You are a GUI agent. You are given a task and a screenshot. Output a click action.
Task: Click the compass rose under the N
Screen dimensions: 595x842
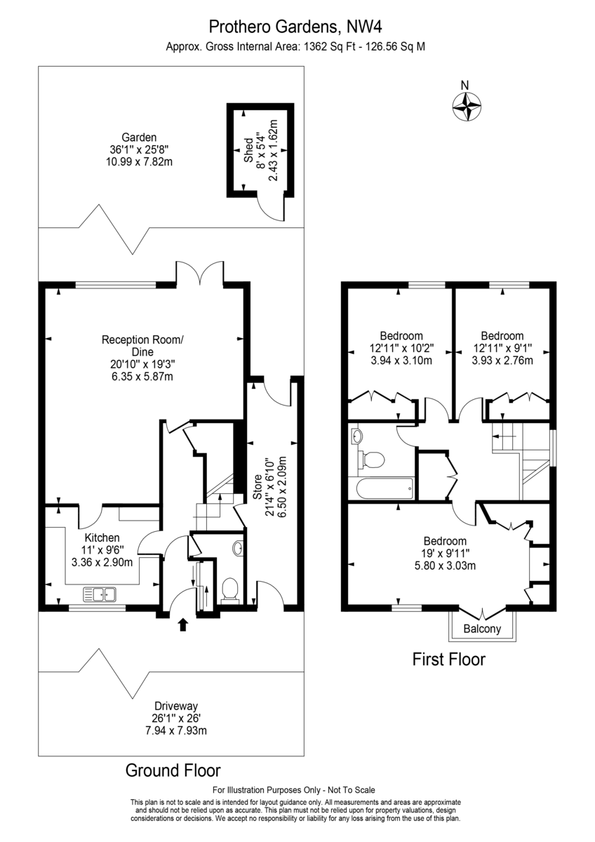click(x=467, y=107)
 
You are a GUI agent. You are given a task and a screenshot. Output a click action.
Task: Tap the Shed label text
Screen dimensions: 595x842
click(x=249, y=151)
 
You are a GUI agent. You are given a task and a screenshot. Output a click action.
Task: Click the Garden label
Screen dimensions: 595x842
click(x=139, y=138)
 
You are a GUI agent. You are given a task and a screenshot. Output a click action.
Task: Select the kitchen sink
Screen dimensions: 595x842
click(x=100, y=594)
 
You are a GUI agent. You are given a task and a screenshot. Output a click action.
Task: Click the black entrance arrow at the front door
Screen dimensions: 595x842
click(x=182, y=625)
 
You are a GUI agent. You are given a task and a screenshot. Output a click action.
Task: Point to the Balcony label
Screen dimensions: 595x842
click(x=482, y=629)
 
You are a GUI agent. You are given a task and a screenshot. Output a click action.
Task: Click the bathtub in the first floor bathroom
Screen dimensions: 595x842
click(x=381, y=488)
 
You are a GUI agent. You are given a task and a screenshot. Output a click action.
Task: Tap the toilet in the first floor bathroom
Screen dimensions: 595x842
click(x=371, y=460)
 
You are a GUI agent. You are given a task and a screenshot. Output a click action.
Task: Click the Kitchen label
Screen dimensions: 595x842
click(x=102, y=537)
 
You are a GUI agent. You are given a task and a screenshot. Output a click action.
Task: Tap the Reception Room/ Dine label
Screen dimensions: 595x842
click(x=142, y=346)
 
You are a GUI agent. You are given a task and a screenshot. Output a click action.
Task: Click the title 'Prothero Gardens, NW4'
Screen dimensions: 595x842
click(x=295, y=27)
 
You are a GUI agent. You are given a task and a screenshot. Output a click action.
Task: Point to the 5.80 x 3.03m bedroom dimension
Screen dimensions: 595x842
click(x=445, y=566)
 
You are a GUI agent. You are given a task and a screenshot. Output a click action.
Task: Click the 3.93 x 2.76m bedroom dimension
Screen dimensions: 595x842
click(x=502, y=361)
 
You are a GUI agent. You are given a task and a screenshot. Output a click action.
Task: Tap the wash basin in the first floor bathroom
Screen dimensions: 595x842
click(x=357, y=436)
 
